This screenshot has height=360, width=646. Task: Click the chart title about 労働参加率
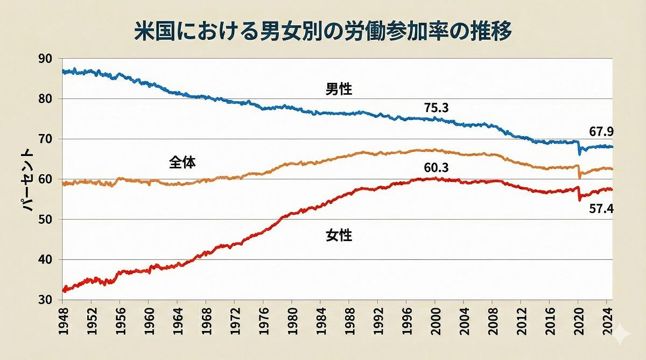323,31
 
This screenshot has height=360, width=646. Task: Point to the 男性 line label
339,89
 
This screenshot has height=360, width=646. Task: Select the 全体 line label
182,162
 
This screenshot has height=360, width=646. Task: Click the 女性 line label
339,235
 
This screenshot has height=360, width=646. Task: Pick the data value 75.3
436,108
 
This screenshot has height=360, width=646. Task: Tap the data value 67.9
602,131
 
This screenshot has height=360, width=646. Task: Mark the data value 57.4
602,209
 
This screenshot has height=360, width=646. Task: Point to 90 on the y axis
46,59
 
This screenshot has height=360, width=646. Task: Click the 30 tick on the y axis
46,300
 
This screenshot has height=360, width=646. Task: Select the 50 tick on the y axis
46,220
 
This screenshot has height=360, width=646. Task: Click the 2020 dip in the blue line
580,153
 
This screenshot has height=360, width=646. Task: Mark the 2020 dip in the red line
580,200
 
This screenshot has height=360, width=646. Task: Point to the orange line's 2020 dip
580,177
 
